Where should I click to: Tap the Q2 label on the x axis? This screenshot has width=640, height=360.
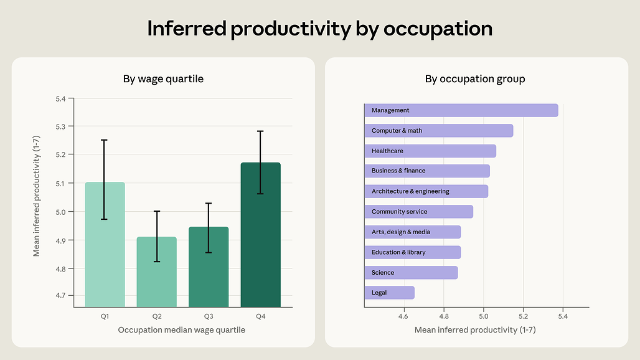coord(157,317)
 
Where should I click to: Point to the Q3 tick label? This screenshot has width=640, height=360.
coord(209,317)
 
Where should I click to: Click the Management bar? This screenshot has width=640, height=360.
coord(461,110)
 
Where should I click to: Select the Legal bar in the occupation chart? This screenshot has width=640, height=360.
coord(389,293)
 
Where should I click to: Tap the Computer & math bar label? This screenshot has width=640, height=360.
coord(397,131)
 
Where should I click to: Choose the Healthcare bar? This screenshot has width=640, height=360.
coord(430,151)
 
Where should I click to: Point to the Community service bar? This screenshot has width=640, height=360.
coord(418,212)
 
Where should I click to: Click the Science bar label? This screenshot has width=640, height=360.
coord(383,273)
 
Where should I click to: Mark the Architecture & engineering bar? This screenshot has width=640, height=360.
coord(426,191)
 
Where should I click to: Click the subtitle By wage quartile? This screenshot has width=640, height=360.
coord(163,79)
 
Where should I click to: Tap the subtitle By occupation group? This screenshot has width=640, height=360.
coord(475,79)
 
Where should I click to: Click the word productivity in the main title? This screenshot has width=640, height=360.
coord(293,29)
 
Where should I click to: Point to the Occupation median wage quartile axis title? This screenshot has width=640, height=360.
coord(181,330)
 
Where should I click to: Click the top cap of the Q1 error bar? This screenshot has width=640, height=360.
coord(105,140)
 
